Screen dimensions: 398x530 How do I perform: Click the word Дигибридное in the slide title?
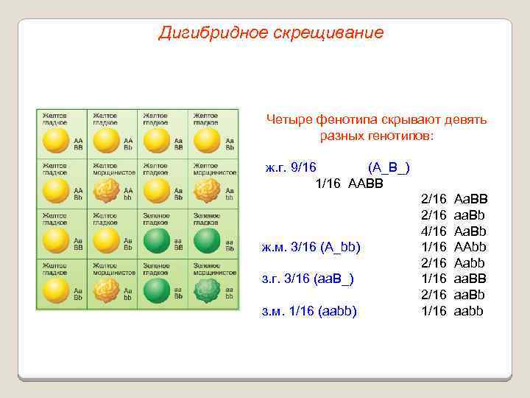click(202, 33)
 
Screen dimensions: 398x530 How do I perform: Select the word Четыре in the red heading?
click(288, 120)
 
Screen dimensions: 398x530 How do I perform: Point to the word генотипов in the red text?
click(402, 136)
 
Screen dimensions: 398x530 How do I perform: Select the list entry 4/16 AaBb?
click(453, 231)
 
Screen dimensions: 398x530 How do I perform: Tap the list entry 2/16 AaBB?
click(453, 199)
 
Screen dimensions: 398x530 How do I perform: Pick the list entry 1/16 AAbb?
click(453, 247)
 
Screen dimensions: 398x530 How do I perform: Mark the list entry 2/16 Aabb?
click(453, 263)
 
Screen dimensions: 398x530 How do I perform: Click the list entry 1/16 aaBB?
click(453, 279)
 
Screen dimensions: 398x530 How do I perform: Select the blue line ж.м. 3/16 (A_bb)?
click(311, 247)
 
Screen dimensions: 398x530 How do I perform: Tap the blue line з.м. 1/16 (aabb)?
click(309, 311)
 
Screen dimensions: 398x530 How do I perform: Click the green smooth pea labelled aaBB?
click(156, 241)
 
